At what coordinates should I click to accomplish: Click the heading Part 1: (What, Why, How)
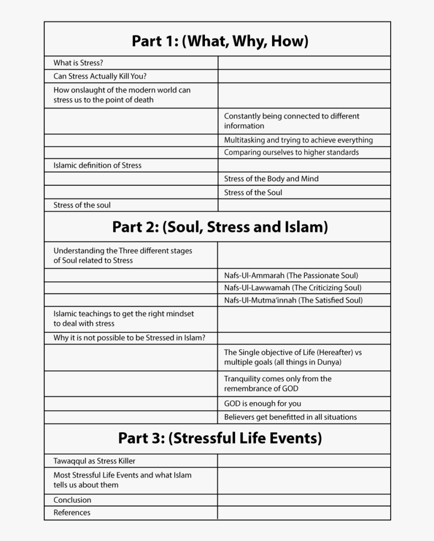[x=220, y=40]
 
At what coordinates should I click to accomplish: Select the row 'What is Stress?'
[x=78, y=63]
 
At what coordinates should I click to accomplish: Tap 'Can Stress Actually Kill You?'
[x=100, y=77]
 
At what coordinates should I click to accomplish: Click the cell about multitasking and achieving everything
[x=298, y=140]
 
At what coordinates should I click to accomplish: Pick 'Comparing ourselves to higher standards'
[x=291, y=153]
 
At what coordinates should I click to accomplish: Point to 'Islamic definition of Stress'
[x=97, y=165]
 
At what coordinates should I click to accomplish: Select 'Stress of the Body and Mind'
[x=271, y=179]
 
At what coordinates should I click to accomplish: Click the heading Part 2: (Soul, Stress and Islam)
[x=220, y=227]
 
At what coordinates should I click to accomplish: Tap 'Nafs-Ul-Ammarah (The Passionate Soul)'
[x=291, y=276]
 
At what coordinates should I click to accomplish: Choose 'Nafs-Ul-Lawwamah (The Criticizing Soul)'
[x=293, y=288]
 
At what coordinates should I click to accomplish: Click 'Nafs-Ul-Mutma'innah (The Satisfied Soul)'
[x=293, y=301]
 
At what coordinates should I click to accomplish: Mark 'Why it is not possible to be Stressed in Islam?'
[x=129, y=338]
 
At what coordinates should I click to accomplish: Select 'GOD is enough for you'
[x=262, y=404]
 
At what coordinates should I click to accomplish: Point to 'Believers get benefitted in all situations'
[x=290, y=417]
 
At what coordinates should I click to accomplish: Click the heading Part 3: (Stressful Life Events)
[x=220, y=437]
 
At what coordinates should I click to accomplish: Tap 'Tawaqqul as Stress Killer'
[x=94, y=461]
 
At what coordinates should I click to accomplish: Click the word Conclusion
[x=72, y=500]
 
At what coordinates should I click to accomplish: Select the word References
[x=72, y=513]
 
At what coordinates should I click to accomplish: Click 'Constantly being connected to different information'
[x=291, y=121]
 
